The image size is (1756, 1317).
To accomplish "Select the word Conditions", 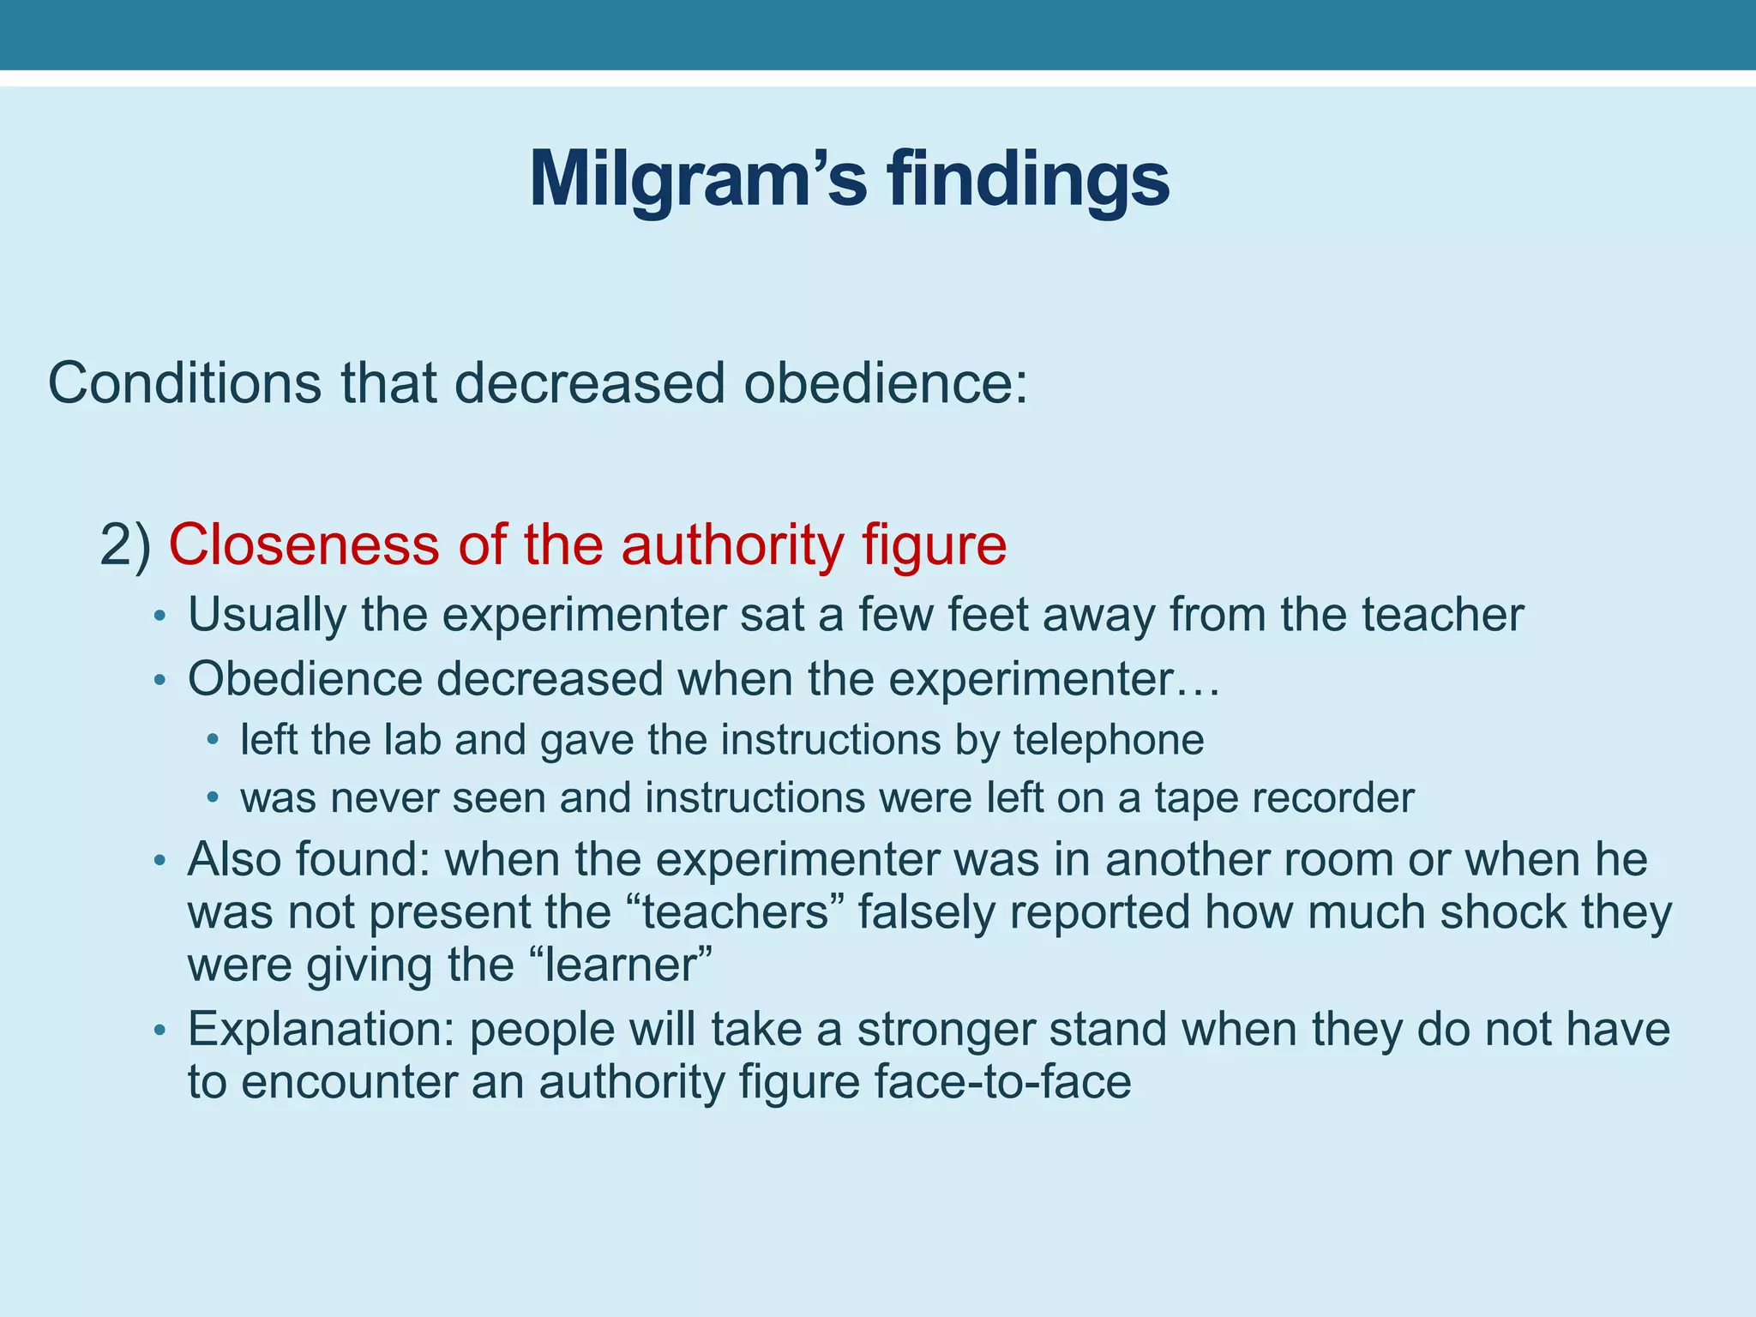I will pyautogui.click(x=184, y=382).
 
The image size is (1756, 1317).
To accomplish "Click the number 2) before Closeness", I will pyautogui.click(x=125, y=545).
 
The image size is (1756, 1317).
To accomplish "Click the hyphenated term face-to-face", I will pyautogui.click(x=1002, y=1082).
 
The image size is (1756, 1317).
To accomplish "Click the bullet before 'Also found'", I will pyautogui.click(x=158, y=861).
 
